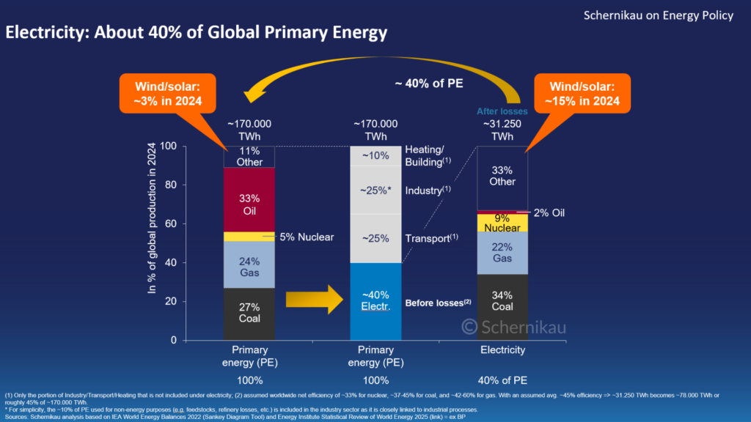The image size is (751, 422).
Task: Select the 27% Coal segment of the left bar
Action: pyautogui.click(x=249, y=314)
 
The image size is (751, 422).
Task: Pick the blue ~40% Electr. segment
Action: pyautogui.click(x=375, y=301)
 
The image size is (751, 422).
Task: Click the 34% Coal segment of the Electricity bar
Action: pyautogui.click(x=502, y=307)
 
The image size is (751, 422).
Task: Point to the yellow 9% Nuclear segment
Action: pyautogui.click(x=502, y=223)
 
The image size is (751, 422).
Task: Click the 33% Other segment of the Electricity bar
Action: pyautogui.click(x=502, y=177)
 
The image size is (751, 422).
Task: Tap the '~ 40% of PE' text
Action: pyautogui.click(x=428, y=83)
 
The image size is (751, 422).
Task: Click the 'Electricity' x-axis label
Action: pyautogui.click(x=502, y=350)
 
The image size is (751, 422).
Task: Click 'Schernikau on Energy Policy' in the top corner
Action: pyautogui.click(x=658, y=15)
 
